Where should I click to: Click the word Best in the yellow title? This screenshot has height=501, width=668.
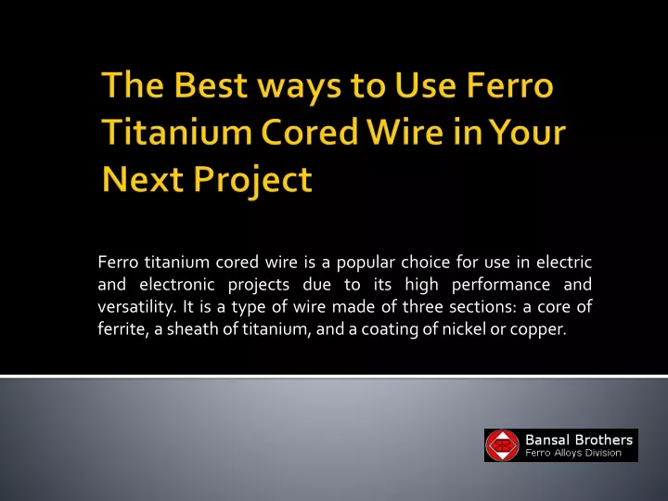[x=211, y=84]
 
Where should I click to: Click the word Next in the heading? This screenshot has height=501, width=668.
[x=143, y=178]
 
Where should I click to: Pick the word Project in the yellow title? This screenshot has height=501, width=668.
[x=252, y=182]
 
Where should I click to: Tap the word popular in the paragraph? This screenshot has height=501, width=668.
[x=366, y=263]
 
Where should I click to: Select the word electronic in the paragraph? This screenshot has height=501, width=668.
[x=177, y=284]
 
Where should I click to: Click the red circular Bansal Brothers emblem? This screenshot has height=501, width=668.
[x=503, y=445]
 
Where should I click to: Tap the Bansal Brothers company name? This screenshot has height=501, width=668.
[x=579, y=439]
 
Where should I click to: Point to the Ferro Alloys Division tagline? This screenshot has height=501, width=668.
[x=573, y=453]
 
